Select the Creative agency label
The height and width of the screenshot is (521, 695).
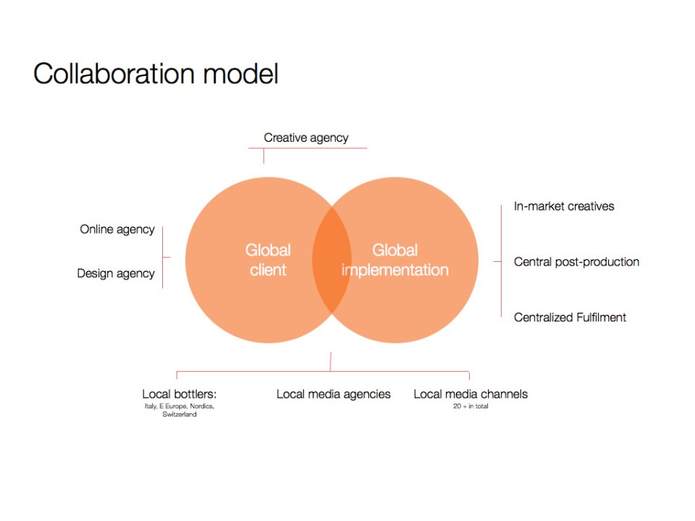[306, 137]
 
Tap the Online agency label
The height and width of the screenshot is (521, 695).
[117, 229]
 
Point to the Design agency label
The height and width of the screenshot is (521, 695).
[116, 274]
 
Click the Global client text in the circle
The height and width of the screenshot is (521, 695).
[268, 260]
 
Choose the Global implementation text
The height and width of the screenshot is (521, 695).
[395, 260]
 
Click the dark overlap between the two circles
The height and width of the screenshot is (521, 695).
[332, 260]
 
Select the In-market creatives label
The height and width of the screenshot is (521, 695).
[564, 206]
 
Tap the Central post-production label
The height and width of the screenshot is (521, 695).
[576, 262]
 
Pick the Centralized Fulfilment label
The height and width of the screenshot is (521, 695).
[570, 318]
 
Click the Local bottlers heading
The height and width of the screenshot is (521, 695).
[180, 394]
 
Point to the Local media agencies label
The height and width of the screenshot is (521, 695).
[333, 394]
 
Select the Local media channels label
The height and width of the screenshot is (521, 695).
[471, 394]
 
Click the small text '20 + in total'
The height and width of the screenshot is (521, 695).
[471, 407]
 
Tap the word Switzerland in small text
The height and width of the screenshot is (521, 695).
[180, 415]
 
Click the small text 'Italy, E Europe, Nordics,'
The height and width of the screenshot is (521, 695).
[180, 407]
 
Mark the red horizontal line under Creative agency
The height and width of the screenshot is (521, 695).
[308, 148]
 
